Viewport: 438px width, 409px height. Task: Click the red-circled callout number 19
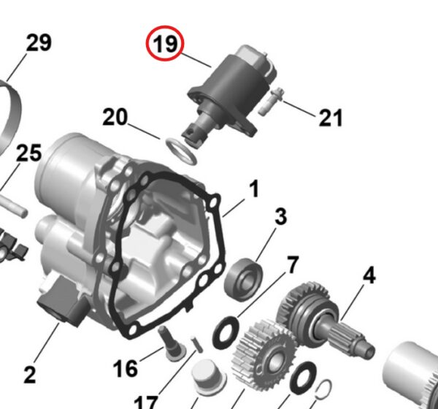tap(166, 45)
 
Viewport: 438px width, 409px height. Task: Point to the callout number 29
tap(39, 43)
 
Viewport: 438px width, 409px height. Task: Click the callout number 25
tap(29, 153)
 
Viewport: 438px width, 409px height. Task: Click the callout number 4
tap(369, 276)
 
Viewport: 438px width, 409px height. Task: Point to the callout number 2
tap(29, 375)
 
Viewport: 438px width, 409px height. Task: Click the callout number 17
tap(146, 401)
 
